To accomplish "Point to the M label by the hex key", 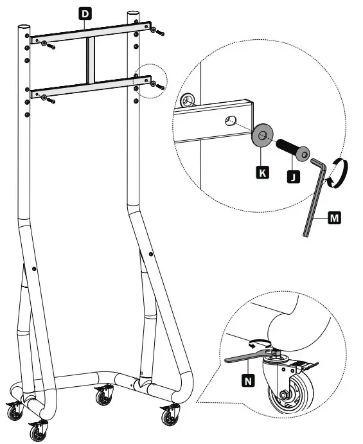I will tap(333, 218).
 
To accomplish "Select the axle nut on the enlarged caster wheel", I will tap(283, 395).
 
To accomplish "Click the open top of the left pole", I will tap(24, 28).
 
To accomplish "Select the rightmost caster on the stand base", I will tap(170, 417).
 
